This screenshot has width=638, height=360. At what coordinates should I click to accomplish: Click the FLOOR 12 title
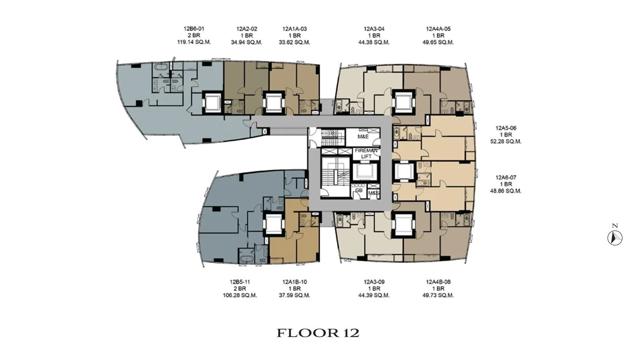[318, 333]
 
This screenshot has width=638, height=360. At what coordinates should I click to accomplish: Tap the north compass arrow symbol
[615, 238]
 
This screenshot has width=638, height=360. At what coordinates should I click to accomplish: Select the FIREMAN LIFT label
[366, 153]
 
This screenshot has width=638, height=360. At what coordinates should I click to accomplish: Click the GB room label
[359, 190]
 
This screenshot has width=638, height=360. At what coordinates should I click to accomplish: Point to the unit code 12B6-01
[194, 29]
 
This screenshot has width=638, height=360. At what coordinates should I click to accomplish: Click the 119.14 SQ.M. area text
[194, 42]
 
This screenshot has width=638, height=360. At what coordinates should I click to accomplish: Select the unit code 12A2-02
[247, 29]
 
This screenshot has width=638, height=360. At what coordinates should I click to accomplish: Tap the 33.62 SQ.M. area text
[294, 43]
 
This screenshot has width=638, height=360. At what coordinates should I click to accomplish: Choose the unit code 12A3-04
[374, 29]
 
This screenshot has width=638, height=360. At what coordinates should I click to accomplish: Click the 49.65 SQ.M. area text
[438, 43]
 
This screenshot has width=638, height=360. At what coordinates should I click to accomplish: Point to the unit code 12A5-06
[506, 128]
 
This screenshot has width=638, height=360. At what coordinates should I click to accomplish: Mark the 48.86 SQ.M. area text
[506, 191]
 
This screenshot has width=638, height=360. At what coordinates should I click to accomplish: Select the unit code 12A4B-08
[438, 282]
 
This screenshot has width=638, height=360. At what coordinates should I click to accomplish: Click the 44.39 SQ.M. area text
[374, 295]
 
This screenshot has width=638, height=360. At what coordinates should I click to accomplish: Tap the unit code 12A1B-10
[294, 282]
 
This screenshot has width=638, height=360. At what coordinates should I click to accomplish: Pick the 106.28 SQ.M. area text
[240, 295]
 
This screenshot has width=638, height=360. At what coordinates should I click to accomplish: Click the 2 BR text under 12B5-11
[240, 289]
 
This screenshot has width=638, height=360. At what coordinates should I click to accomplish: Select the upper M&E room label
[363, 137]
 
